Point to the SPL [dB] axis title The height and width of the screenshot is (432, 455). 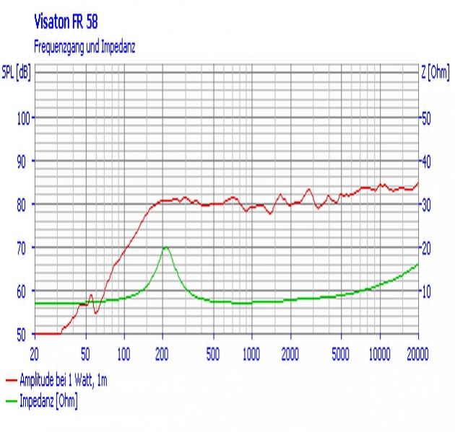pyautogui.click(x=17, y=73)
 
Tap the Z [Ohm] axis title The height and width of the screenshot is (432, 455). pyautogui.click(x=436, y=73)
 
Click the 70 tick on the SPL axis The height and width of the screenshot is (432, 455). pyautogui.click(x=24, y=248)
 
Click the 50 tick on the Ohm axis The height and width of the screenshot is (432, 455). pyautogui.click(x=426, y=118)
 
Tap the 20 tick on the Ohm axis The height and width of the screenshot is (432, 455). pyautogui.click(x=426, y=248)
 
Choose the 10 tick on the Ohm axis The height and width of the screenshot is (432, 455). pyautogui.click(x=426, y=291)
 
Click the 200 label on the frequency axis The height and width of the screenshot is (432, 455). pyautogui.click(x=162, y=353)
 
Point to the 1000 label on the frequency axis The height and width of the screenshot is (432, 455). pyautogui.click(x=251, y=353)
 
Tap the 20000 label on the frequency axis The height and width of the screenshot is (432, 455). pyautogui.click(x=417, y=353)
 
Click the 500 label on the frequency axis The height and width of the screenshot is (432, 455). pyautogui.click(x=212, y=353)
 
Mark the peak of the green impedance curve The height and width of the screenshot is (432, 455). pyautogui.click(x=165, y=247)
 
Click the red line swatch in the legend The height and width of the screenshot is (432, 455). pyautogui.click(x=11, y=379)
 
